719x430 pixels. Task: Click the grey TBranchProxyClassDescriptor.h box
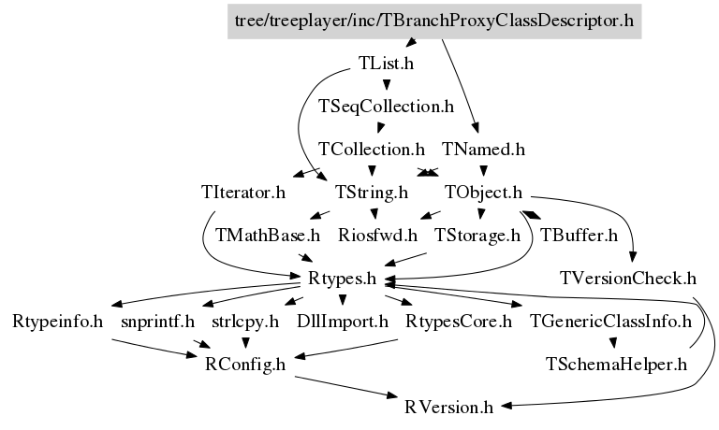(439, 20)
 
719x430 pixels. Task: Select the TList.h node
(386, 64)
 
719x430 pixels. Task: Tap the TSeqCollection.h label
(386, 107)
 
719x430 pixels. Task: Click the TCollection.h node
(372, 150)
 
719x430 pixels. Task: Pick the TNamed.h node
(483, 150)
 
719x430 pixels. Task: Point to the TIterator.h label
(242, 193)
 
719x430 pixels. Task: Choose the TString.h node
(372, 193)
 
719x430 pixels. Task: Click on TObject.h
(482, 193)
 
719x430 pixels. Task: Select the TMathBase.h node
(268, 236)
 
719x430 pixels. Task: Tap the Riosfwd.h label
(378, 236)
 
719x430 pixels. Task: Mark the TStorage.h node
(477, 236)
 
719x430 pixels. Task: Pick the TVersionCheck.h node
(629, 279)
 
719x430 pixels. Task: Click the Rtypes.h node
(342, 279)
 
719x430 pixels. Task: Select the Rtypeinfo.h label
(58, 322)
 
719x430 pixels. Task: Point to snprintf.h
(157, 322)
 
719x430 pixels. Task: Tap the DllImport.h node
(342, 322)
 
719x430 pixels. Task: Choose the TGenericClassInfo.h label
(610, 322)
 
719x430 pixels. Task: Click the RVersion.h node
(448, 408)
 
